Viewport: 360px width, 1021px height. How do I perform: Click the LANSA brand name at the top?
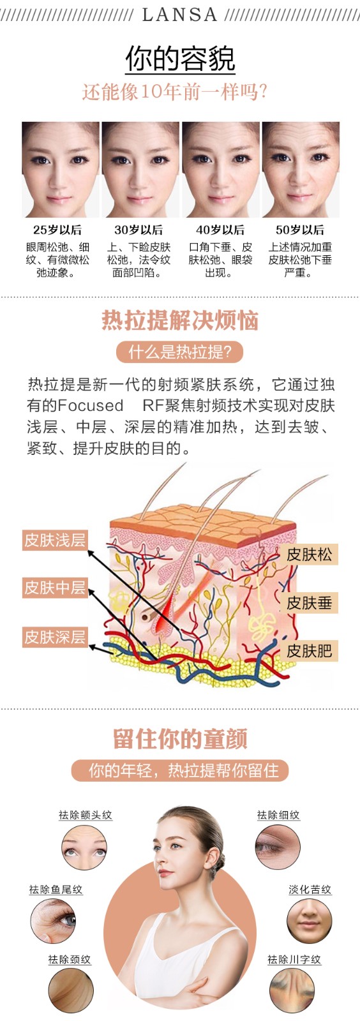point(179,15)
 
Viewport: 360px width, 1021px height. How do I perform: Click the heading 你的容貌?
point(180,58)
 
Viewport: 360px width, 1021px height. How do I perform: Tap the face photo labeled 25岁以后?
point(60,170)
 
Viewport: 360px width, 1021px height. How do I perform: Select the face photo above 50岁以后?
point(300,170)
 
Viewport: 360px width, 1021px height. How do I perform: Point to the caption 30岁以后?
point(139,230)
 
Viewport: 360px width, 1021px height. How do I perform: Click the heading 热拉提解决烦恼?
point(180,320)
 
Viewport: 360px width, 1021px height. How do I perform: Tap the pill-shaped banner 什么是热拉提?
point(179,352)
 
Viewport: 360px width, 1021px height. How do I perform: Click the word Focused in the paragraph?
point(91,405)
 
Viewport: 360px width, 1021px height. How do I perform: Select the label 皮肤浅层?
point(55,540)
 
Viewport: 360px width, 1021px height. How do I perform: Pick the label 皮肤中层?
point(55,588)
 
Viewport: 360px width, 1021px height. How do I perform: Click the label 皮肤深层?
point(55,637)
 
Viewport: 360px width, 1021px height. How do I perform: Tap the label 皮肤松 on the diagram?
point(310,555)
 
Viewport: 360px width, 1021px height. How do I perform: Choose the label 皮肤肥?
point(310,651)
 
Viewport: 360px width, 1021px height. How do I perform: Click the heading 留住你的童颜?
point(180,739)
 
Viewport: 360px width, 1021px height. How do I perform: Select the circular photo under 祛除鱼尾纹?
point(54,921)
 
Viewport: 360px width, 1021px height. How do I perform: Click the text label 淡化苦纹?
point(310,890)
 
